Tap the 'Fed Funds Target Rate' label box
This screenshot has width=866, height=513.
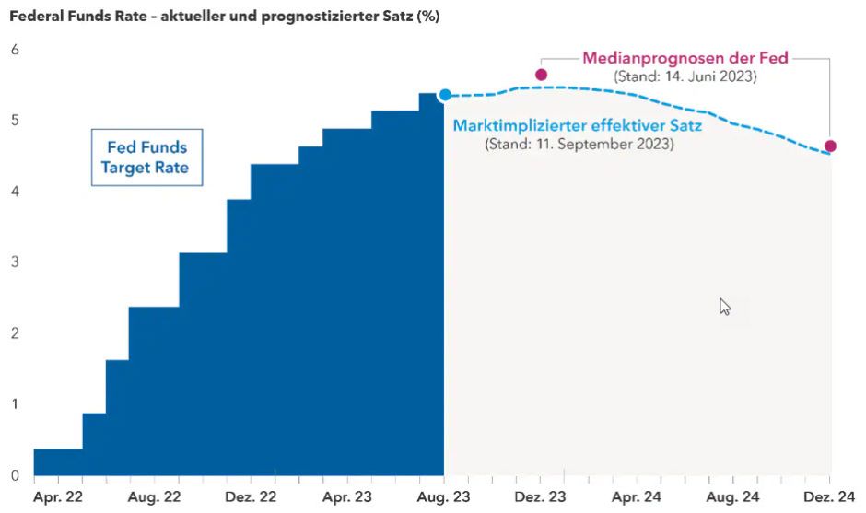146,157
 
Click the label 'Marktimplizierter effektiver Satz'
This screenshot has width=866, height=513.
578,125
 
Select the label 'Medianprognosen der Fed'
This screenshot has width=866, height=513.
685,58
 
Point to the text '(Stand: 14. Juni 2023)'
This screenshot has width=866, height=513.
685,76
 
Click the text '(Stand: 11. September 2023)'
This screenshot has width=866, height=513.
579,145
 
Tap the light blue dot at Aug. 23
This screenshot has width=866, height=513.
445,95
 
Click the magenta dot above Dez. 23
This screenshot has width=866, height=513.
541,75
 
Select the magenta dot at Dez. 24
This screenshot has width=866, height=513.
830,146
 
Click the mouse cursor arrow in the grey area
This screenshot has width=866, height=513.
724,306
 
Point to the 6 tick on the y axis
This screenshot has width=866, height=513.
15,50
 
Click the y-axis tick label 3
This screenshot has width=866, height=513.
15,262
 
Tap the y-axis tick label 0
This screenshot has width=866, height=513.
15,475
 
